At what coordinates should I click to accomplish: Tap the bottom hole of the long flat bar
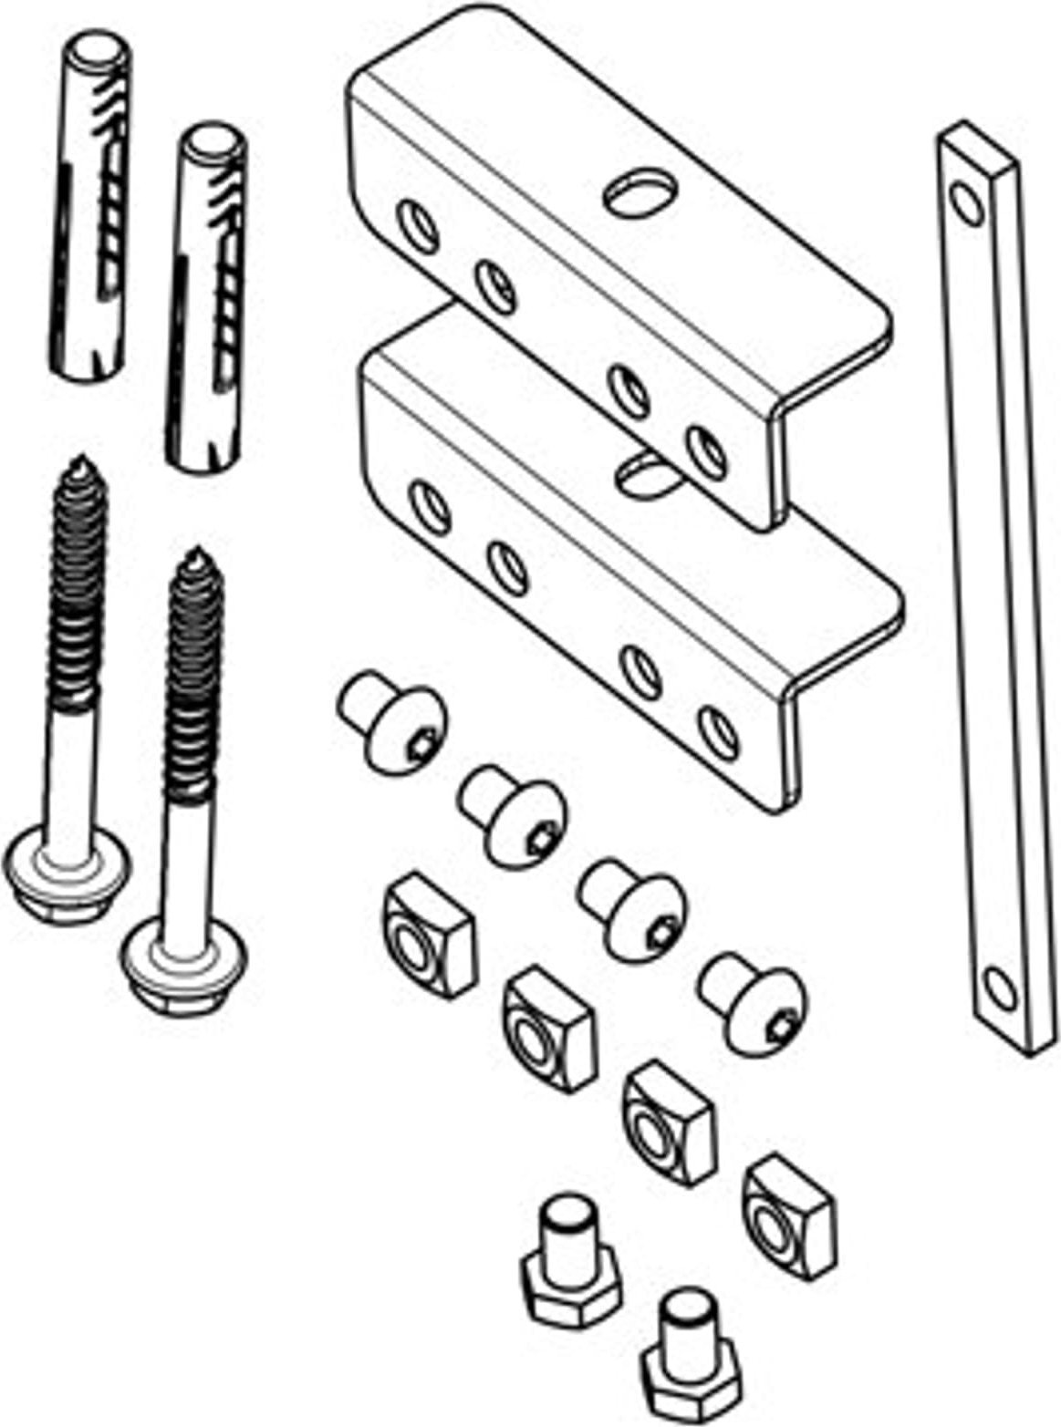[x=1002, y=988]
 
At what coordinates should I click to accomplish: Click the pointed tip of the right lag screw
[x=193, y=555]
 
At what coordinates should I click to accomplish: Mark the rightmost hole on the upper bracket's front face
[x=707, y=450]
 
